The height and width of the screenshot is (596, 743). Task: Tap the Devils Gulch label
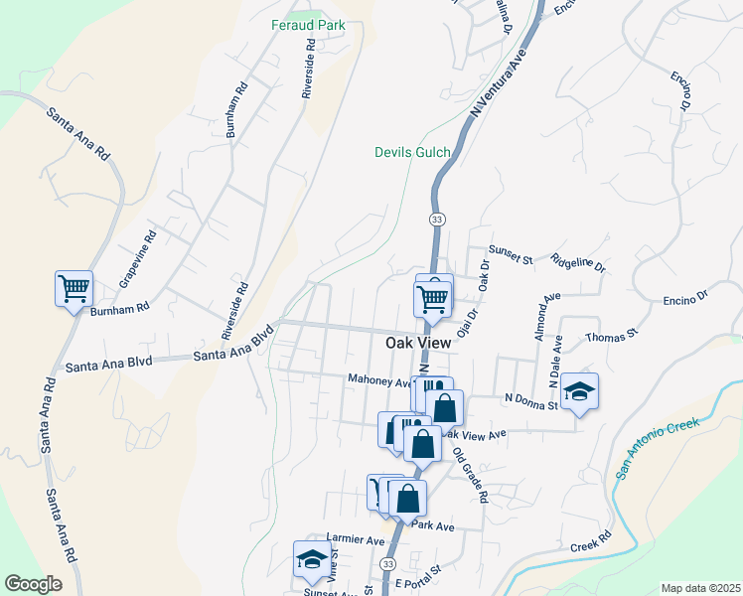412,152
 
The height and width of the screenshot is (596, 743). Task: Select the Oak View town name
418,343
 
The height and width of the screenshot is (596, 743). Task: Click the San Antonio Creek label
658,449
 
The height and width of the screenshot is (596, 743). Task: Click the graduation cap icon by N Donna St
579,391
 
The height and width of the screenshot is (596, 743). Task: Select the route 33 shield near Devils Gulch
437,218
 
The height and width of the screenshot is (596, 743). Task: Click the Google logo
34,584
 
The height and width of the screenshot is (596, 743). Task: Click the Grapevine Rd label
138,259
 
